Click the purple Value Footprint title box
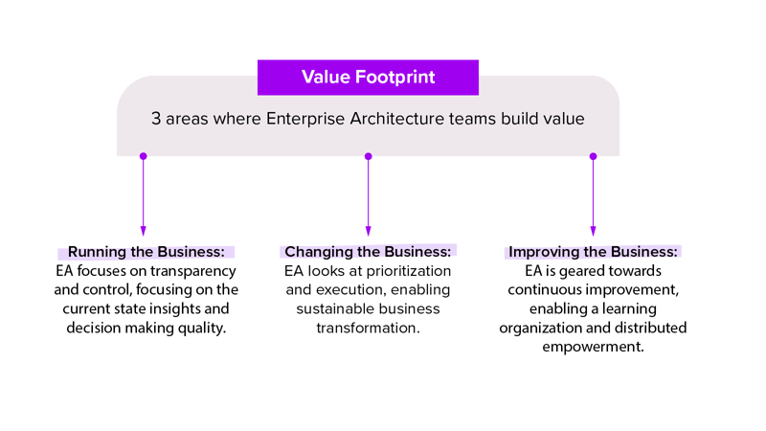click(x=368, y=77)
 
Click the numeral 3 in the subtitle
click(x=156, y=120)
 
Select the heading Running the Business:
click(x=146, y=252)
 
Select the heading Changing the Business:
click(x=368, y=252)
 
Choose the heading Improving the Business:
click(x=593, y=252)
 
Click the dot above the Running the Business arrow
click(x=144, y=156)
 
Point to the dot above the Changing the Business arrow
click(x=368, y=156)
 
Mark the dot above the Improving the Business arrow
click(x=593, y=156)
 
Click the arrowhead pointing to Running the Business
click(x=144, y=230)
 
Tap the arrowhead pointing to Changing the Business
click(x=368, y=230)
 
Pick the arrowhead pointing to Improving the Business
click(x=593, y=230)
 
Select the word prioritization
click(x=406, y=271)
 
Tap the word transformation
click(x=368, y=329)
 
